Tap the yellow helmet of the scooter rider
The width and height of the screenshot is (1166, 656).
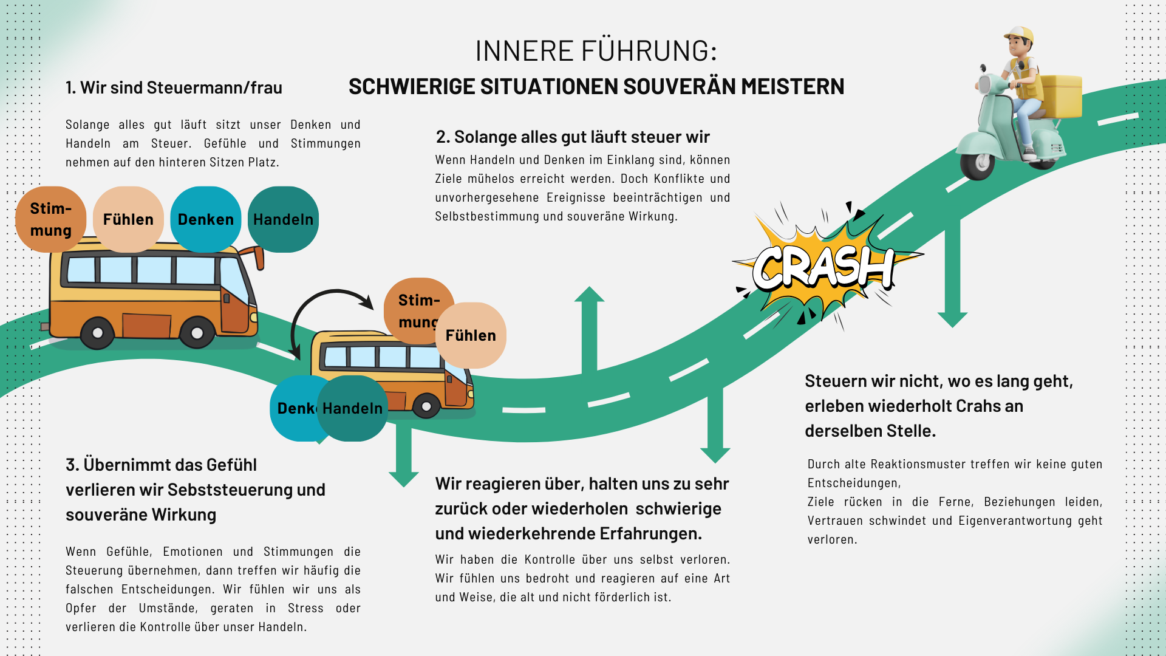pos(1020,33)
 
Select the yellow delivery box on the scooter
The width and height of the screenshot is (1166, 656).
pos(1062,95)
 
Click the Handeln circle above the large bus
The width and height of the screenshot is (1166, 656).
pos(283,219)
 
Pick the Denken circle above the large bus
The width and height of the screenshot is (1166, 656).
pos(205,219)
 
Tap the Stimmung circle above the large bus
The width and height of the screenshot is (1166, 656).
pos(50,219)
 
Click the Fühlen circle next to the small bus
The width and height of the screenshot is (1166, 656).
pos(471,335)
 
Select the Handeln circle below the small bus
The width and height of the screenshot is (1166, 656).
pos(353,408)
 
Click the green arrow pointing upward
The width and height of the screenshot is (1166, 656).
pos(589,328)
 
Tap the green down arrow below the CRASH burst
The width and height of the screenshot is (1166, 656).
pos(952,273)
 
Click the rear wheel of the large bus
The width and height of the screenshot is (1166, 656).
pos(97,333)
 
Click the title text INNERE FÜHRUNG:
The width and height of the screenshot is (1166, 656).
pos(596,51)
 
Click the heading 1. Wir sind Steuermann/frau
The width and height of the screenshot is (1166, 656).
pos(174,87)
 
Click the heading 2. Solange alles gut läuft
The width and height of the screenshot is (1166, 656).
pos(573,137)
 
